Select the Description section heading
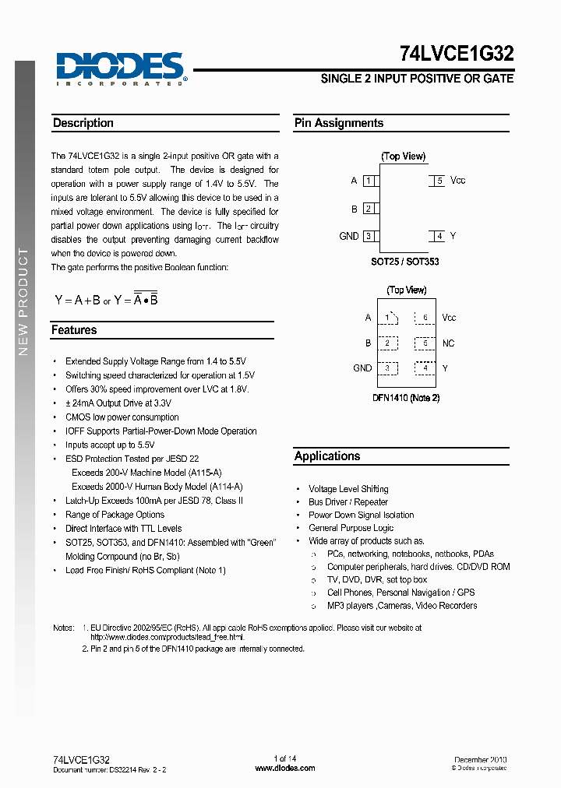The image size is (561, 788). tap(83, 123)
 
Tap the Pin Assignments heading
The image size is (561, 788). tap(339, 123)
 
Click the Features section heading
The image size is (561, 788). tap(74, 330)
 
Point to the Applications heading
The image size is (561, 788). tap(327, 456)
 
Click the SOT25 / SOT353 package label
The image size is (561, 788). tap(404, 262)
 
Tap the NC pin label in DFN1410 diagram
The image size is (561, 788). tap(448, 343)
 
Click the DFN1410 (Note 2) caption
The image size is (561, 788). tap(405, 398)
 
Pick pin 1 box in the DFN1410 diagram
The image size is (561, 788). tap(387, 318)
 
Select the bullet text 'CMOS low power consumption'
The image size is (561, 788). tap(122, 417)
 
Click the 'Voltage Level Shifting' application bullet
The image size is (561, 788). tap(348, 489)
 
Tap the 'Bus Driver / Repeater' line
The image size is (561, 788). tap(348, 502)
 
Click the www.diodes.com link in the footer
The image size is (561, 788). tap(285, 769)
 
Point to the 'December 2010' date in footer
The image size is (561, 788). tap(481, 759)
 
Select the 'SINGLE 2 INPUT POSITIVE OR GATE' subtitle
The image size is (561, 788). tap(417, 79)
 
